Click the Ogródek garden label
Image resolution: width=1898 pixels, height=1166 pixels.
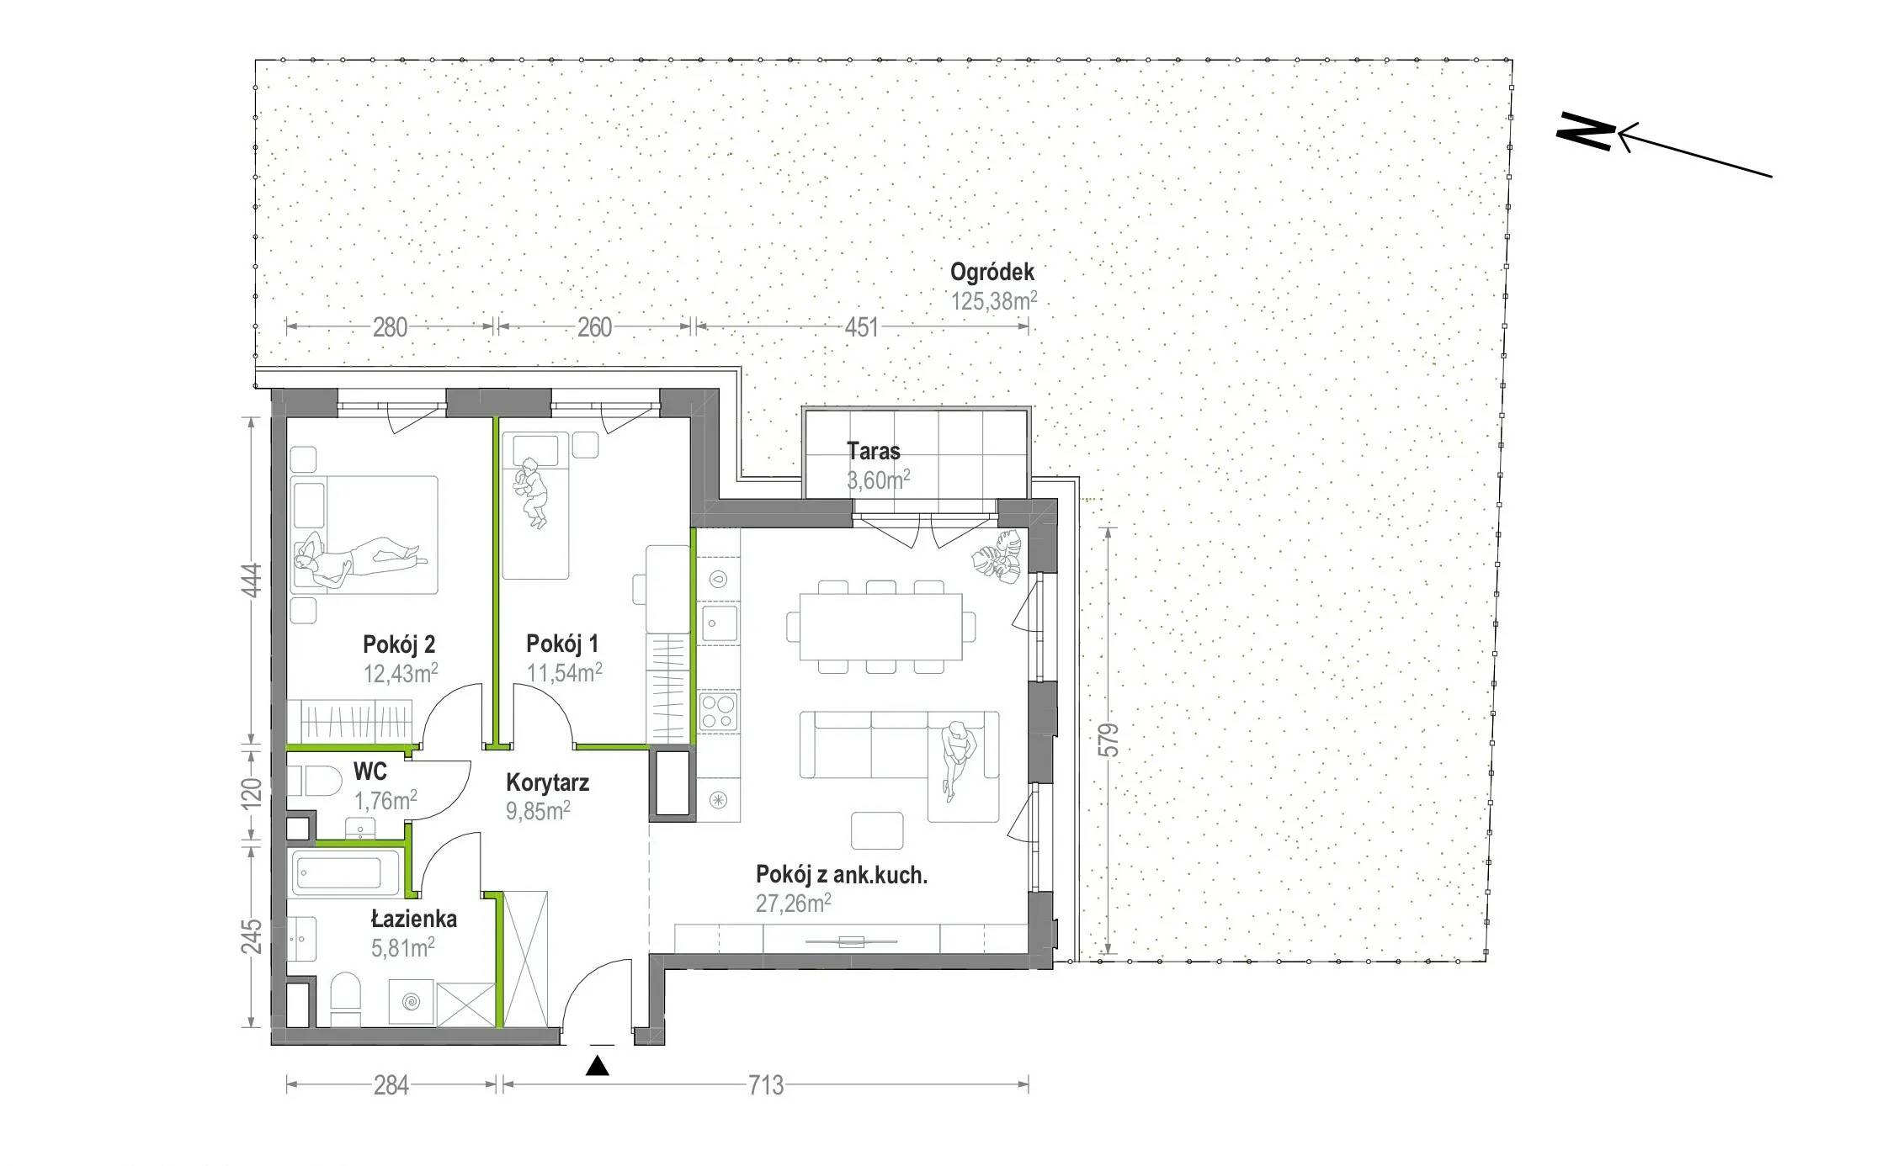coord(992,273)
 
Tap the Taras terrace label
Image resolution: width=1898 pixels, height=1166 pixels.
coord(874,451)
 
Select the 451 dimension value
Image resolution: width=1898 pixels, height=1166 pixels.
coord(861,327)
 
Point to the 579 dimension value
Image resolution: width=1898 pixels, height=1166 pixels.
coord(1109,740)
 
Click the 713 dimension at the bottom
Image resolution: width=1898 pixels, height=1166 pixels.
coord(766,1085)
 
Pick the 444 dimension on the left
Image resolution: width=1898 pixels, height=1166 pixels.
coord(252,580)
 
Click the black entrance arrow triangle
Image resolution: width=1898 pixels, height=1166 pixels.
coord(598,1065)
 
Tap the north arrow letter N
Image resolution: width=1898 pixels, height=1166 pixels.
coord(1586,131)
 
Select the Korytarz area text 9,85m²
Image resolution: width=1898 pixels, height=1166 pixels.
coord(538,811)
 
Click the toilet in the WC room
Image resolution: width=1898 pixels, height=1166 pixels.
coord(313,781)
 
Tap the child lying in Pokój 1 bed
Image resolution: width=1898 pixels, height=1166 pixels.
coord(532,492)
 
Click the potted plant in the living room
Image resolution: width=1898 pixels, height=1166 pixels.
coord(998,557)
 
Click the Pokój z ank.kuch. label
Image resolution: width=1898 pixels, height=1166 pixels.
coord(842,875)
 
